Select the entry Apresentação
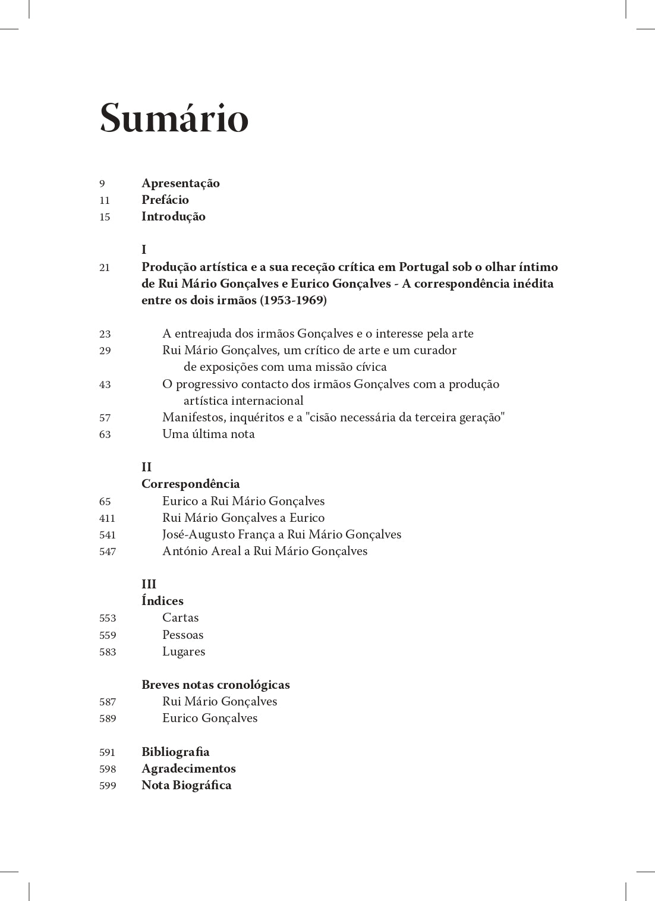point(180,183)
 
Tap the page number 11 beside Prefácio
point(105,200)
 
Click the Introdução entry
point(173,216)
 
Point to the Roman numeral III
point(149,584)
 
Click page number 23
point(105,334)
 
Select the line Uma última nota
point(208,434)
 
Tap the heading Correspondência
point(190,484)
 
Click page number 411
point(107,518)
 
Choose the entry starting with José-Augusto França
point(281,534)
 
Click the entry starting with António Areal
point(264,551)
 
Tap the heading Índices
point(162,601)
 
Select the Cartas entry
point(180,618)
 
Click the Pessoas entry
point(182,635)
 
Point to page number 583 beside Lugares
point(108,652)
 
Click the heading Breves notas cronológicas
point(215,685)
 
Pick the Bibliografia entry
point(175,752)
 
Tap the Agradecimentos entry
point(188,768)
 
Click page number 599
point(108,786)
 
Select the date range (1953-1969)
point(293,300)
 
